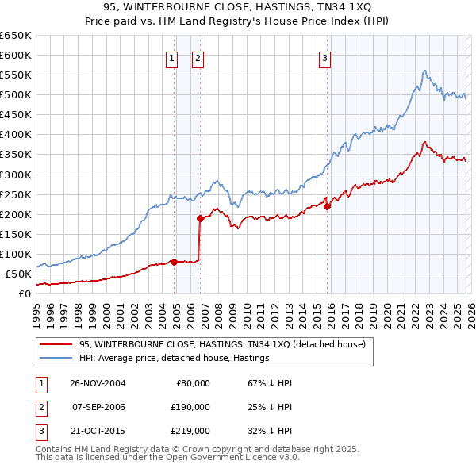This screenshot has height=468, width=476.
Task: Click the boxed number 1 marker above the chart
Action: pyautogui.click(x=171, y=57)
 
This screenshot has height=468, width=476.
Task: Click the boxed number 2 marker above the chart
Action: pyautogui.click(x=197, y=57)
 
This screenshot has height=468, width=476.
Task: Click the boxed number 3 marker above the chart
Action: pyautogui.click(x=325, y=57)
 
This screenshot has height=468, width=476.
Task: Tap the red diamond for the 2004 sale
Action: pyautogui.click(x=174, y=262)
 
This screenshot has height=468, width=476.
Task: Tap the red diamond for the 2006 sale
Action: pyautogui.click(x=200, y=218)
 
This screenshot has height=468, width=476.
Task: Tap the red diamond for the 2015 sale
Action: pyautogui.click(x=328, y=206)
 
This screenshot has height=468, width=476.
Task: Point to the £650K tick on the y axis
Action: pyautogui.click(x=16, y=36)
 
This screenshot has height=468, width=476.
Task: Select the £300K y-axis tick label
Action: pyautogui.click(x=16, y=175)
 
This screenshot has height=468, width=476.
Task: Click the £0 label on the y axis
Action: pyautogui.click(x=24, y=293)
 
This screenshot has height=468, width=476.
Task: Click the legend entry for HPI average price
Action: pyautogui.click(x=175, y=358)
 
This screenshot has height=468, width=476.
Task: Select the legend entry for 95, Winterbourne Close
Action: pyautogui.click(x=222, y=344)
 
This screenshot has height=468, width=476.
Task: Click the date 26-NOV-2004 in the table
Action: pyautogui.click(x=98, y=383)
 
